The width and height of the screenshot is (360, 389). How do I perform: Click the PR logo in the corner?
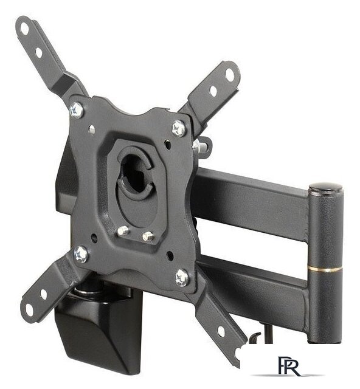[x=289, y=367]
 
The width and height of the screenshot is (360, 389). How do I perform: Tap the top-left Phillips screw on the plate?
[x=77, y=110]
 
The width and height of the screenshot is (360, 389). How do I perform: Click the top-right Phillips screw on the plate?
[x=179, y=128]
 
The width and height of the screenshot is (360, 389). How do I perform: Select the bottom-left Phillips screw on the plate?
[x=81, y=254]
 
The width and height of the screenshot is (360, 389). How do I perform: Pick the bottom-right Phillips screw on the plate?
[x=182, y=278]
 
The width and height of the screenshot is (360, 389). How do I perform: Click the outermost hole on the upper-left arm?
[x=25, y=29]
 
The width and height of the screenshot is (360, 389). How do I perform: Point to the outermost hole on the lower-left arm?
[x=29, y=310]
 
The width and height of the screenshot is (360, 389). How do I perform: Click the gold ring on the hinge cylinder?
[x=325, y=269]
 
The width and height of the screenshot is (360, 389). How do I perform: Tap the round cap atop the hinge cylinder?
[x=325, y=187]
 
